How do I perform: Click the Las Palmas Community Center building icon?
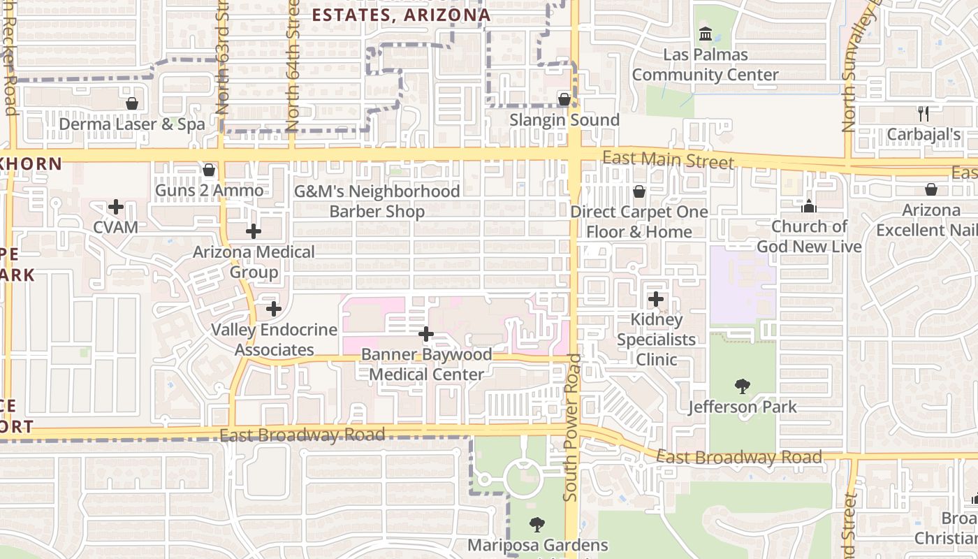(x=705, y=34)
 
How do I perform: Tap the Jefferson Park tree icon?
(x=742, y=386)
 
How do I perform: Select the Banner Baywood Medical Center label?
(x=426, y=364)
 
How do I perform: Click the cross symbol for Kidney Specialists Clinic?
(x=655, y=299)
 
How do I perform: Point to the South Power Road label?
(x=571, y=428)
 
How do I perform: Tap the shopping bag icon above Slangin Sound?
(x=564, y=99)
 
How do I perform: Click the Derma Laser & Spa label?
(x=132, y=124)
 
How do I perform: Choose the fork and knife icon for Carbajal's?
(x=924, y=113)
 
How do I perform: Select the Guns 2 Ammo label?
(x=209, y=190)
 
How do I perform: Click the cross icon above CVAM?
(x=116, y=207)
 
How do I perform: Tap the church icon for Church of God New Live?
(x=809, y=206)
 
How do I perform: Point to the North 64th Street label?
(x=293, y=66)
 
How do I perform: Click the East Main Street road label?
(x=668, y=161)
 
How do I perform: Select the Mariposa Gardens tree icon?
(x=537, y=524)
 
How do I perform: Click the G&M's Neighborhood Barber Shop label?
(x=377, y=201)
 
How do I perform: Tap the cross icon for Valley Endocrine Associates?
(x=274, y=309)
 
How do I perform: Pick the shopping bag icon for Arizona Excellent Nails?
(x=930, y=189)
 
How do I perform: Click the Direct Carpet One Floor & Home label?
(x=638, y=222)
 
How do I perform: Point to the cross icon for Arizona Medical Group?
(x=254, y=231)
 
